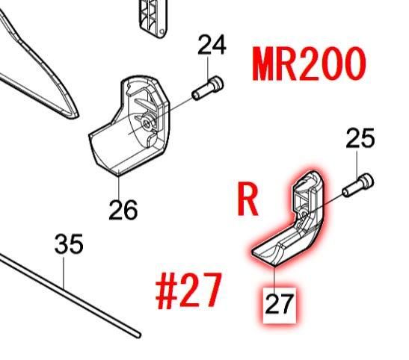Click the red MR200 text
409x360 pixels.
click(x=309, y=64)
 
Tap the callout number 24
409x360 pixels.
click(x=212, y=45)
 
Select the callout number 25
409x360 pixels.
click(x=360, y=138)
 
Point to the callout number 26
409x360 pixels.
click(x=123, y=210)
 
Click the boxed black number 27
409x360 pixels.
click(x=279, y=304)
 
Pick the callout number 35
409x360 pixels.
click(x=69, y=243)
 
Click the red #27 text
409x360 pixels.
click(x=188, y=291)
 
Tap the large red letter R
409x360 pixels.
click(x=247, y=198)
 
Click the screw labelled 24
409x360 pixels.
click(x=208, y=88)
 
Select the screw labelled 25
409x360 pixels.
click(x=358, y=185)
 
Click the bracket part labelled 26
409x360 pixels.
click(x=129, y=125)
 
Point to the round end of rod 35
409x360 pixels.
click(x=138, y=335)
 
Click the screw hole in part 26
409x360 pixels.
click(x=147, y=122)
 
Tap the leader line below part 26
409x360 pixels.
click(x=119, y=186)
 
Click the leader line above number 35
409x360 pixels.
click(x=64, y=271)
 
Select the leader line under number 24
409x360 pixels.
click(x=208, y=69)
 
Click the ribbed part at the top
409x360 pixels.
click(x=153, y=18)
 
